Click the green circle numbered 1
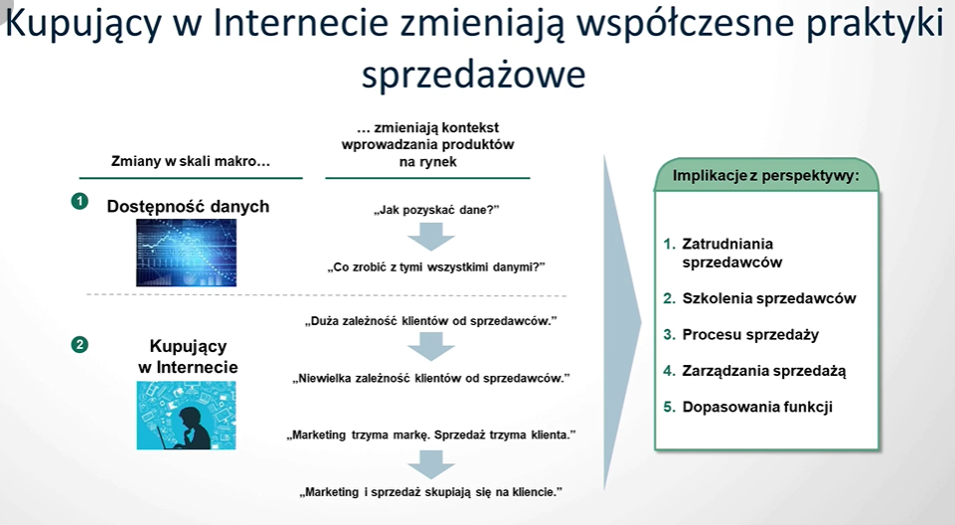tap(80, 201)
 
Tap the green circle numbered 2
tap(80, 345)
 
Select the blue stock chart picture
tap(187, 253)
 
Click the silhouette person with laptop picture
tap(187, 416)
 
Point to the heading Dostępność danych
tap(188, 207)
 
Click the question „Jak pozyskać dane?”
tap(436, 210)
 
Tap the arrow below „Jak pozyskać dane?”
tap(431, 237)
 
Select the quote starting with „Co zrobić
tap(436, 266)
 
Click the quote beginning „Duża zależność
tap(431, 321)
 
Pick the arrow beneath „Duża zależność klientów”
tap(431, 347)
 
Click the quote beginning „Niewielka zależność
tap(431, 378)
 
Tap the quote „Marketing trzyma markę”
tap(431, 435)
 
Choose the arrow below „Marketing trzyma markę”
tap(431, 464)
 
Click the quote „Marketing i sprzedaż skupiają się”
tap(431, 491)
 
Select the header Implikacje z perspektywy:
tap(765, 175)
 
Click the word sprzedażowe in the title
tap(474, 75)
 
